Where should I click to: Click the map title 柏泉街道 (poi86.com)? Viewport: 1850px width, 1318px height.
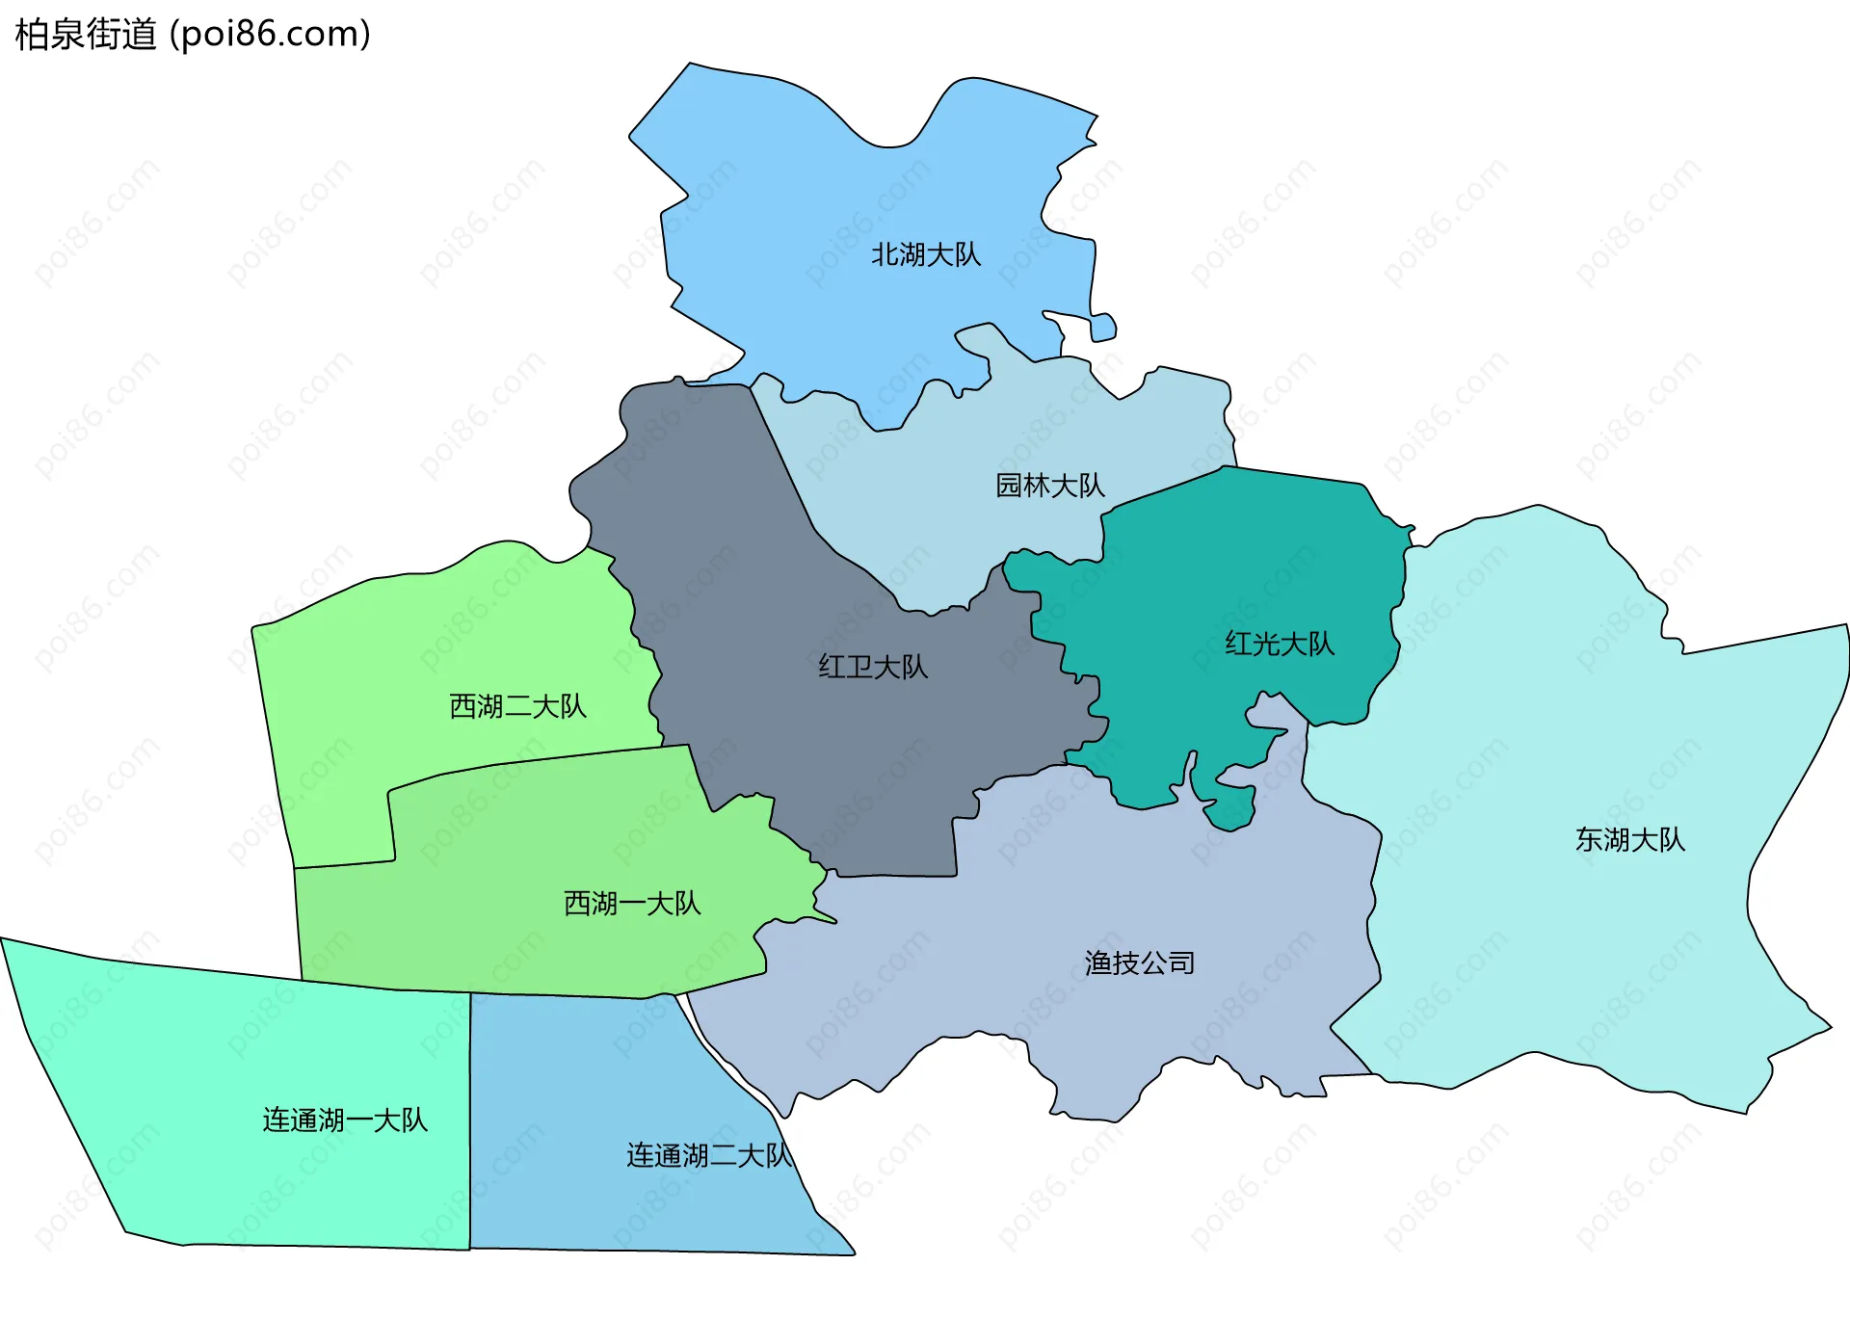click(193, 35)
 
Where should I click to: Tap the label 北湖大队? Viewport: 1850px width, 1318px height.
click(925, 254)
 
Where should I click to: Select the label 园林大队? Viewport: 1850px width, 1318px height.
click(1049, 485)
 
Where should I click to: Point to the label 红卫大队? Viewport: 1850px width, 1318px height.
click(873, 667)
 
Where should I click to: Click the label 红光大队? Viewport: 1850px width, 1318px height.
click(1279, 644)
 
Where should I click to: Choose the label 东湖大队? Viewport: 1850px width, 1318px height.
click(1629, 839)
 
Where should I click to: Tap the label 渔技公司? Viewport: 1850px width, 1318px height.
click(1139, 962)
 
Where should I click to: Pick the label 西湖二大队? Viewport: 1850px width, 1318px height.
click(517, 706)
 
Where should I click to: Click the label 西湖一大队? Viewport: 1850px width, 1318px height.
click(631, 903)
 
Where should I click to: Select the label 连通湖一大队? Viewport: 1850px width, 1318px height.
click(344, 1120)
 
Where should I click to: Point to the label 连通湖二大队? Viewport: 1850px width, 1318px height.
click(708, 1155)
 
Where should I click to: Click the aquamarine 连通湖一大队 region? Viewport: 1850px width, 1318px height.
click(241, 1060)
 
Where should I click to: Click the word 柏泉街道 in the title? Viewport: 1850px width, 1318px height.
click(86, 35)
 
